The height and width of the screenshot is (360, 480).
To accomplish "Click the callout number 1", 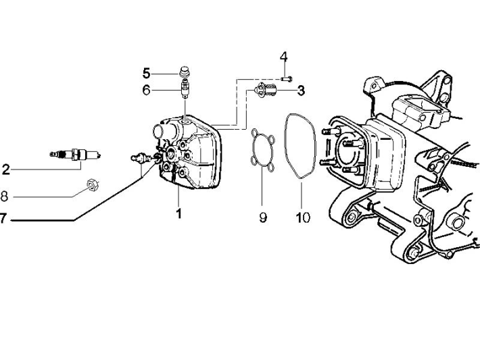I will [179, 214].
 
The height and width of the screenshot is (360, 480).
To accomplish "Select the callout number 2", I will [5, 169].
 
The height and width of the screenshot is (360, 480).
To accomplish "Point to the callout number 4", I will [284, 55].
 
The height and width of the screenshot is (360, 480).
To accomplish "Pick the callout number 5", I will [146, 72].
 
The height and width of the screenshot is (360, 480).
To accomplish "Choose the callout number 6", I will [146, 89].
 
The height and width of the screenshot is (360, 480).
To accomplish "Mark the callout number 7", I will [4, 218].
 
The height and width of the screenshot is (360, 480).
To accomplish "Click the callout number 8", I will [4, 197].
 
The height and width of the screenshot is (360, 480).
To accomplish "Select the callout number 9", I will [263, 217].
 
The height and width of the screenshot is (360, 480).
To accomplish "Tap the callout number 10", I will [302, 217].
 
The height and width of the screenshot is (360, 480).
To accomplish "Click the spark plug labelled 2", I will [75, 155].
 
